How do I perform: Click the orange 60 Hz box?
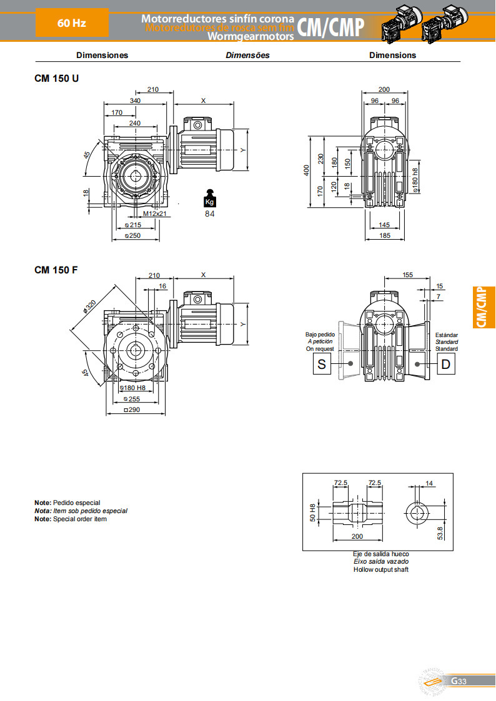[72, 23]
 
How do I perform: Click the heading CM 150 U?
[56, 79]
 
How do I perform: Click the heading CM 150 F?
[56, 270]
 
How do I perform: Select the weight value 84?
[210, 214]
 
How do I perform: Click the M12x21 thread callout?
[154, 213]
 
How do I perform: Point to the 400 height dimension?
[307, 170]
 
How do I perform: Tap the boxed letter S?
[322, 364]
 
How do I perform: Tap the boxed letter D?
[445, 364]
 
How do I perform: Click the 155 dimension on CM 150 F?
[408, 274]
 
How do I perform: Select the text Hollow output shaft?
[381, 569]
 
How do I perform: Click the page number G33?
[459, 680]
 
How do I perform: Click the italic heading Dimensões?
[247, 55]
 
